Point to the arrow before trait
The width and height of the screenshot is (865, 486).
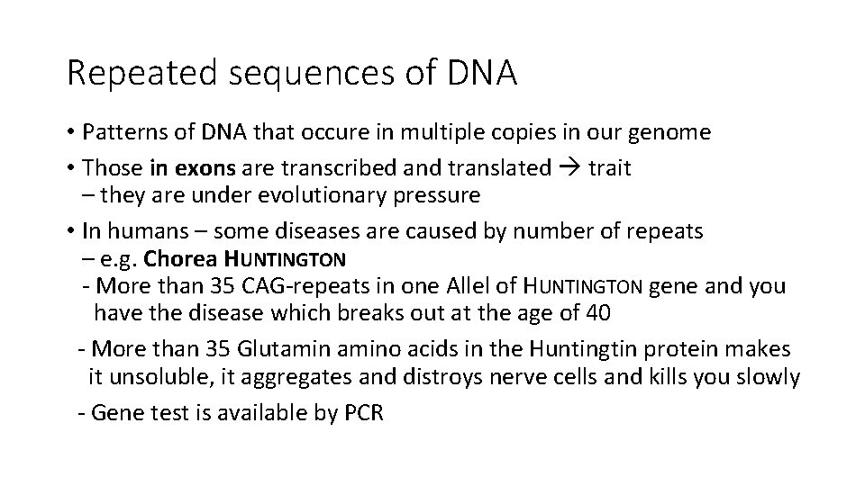569,166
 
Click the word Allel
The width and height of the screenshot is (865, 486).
468,287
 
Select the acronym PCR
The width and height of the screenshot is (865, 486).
364,413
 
